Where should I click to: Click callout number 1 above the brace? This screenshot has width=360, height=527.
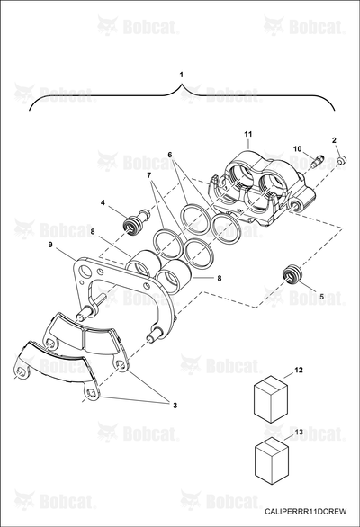point(182,75)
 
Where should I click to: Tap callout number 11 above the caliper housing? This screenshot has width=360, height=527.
point(248,134)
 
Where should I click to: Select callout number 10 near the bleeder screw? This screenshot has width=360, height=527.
point(298,149)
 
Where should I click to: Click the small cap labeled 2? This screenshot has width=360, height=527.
point(342,160)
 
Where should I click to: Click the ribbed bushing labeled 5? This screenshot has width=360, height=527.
point(292,275)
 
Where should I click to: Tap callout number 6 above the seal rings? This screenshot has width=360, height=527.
point(170,155)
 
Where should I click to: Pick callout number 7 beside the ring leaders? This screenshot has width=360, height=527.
point(149,175)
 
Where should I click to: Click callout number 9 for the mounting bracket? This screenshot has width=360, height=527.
point(50,245)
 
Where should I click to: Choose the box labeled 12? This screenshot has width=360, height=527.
point(271,397)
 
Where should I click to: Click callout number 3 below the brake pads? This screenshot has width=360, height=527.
point(175,406)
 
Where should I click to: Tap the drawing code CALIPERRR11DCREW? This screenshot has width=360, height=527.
point(305,511)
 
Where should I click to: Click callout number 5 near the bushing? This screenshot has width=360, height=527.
point(321,297)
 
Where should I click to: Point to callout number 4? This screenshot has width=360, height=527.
point(103,202)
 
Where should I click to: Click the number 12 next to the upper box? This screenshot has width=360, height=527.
point(299,370)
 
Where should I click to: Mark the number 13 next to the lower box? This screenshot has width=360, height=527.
point(299,432)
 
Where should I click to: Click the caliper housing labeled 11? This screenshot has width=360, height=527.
point(263,189)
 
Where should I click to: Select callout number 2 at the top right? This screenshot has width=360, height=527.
point(334,140)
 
